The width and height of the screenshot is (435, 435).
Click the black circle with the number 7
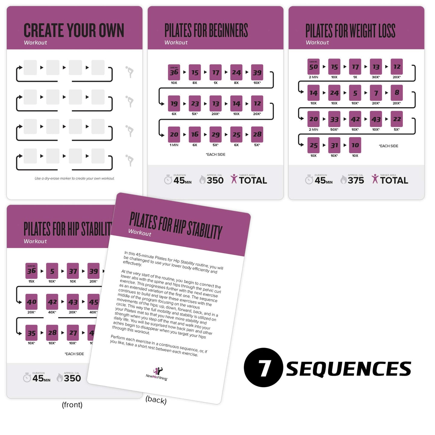(x=263, y=368)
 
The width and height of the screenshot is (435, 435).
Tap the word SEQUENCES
(x=348, y=369)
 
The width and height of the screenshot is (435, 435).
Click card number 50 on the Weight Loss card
(x=313, y=67)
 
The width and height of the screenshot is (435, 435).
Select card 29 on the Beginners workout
(x=216, y=135)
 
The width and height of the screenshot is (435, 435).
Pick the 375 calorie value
(x=356, y=180)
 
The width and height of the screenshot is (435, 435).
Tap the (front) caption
(x=72, y=405)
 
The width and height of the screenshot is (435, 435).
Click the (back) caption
(x=156, y=400)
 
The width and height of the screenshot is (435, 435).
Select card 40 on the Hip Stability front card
(x=32, y=302)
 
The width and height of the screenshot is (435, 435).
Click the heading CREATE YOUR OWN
(x=74, y=30)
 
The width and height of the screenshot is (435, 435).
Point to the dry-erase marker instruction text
(x=74, y=179)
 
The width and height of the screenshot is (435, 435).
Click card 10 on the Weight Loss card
(x=355, y=145)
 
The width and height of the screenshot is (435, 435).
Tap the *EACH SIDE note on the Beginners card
(x=216, y=154)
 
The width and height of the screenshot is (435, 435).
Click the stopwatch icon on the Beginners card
(x=168, y=180)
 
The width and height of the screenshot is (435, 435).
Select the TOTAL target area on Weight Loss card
(x=394, y=180)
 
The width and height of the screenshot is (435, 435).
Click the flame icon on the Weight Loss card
(x=343, y=180)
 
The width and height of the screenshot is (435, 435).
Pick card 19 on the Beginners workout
(x=174, y=104)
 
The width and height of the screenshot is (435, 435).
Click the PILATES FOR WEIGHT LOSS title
(x=350, y=31)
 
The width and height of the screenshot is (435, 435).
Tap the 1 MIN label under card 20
(x=174, y=145)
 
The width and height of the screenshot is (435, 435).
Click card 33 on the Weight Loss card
(x=334, y=119)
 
